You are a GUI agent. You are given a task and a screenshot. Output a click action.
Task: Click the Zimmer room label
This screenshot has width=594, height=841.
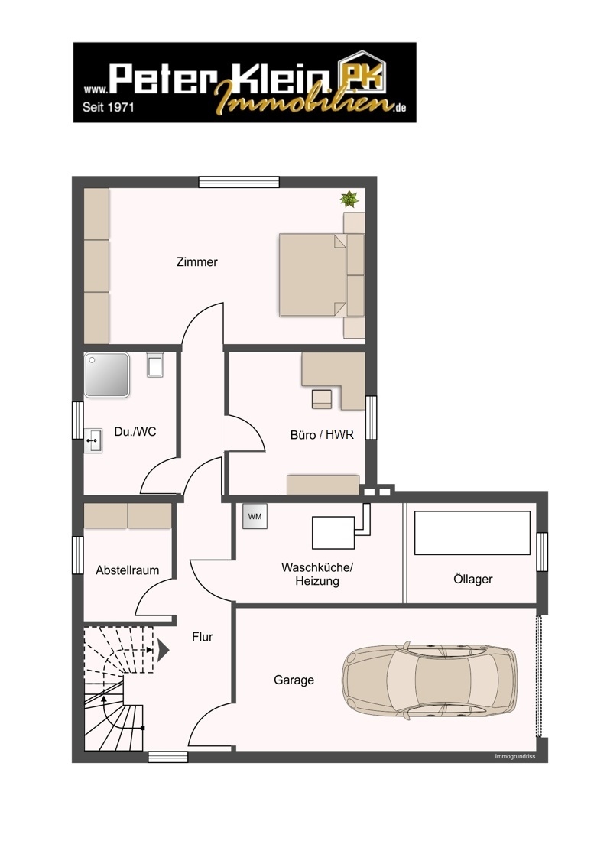[x=196, y=262]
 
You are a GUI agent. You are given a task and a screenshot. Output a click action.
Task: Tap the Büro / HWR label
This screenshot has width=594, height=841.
[x=321, y=435]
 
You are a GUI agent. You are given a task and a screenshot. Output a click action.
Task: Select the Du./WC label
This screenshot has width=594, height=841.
[x=135, y=432]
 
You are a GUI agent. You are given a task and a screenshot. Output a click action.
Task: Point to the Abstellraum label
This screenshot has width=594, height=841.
[x=127, y=570]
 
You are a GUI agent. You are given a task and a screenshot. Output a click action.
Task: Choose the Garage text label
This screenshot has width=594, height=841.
[x=294, y=680]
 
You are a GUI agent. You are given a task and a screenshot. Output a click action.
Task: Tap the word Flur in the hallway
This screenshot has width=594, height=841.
[x=202, y=636]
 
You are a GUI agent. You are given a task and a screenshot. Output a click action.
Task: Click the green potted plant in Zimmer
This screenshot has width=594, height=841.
[x=349, y=200]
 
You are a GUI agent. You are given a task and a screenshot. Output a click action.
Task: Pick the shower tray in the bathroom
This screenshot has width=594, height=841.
[x=107, y=375]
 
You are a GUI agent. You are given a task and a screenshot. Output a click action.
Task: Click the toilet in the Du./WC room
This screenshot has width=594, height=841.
[x=155, y=365]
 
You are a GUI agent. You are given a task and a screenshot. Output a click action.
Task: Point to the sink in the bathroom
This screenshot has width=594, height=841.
[x=93, y=440]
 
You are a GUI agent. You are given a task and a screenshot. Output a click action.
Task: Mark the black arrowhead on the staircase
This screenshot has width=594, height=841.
[x=163, y=651]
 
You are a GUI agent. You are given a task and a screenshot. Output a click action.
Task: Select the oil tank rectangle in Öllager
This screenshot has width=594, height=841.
[x=472, y=533]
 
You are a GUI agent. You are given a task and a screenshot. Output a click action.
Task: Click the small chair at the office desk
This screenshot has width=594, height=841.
[x=321, y=399]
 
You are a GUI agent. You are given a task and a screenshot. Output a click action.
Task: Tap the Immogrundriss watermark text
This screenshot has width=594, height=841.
[x=515, y=756]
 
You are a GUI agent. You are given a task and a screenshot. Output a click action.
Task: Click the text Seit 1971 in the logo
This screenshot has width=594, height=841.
[x=108, y=108]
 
